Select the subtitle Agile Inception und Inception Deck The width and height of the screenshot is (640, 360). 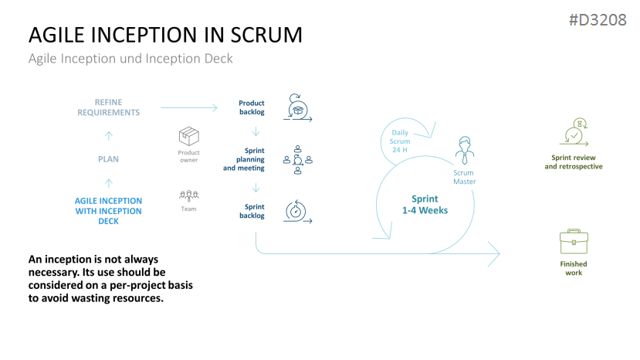coord(130,59)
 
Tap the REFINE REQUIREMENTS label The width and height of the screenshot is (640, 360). coord(108,107)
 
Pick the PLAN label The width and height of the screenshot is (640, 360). coord(108,159)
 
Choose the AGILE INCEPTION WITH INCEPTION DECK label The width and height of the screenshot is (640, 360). coord(108,211)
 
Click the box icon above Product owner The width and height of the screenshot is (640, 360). coord(189,137)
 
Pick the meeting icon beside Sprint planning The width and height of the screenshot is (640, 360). coord(297,157)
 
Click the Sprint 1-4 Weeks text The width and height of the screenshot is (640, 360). coord(424,205)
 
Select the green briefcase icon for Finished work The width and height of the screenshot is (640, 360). coord(573,242)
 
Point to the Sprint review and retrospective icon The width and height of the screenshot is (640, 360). coord(573,133)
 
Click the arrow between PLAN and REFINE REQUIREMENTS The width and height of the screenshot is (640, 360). coord(108,135)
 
